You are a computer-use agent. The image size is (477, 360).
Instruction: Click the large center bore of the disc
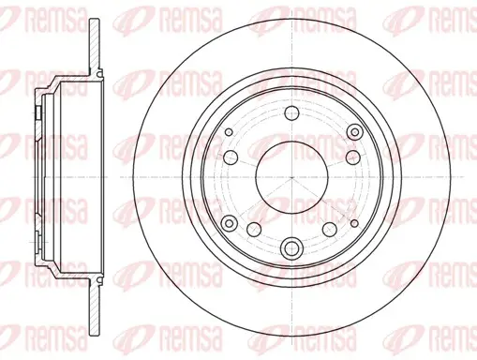(x=291, y=177)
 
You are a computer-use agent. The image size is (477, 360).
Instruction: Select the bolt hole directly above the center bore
(x=292, y=112)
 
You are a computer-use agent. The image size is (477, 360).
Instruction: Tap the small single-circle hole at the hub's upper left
(x=229, y=131)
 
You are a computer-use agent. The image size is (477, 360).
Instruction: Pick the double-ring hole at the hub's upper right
(x=355, y=131)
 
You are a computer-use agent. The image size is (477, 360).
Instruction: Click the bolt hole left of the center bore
(x=231, y=157)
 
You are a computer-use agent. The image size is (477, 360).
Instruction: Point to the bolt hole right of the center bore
(x=353, y=157)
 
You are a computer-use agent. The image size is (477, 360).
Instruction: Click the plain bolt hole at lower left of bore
(x=254, y=230)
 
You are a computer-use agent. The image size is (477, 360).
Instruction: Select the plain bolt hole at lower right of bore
(x=330, y=230)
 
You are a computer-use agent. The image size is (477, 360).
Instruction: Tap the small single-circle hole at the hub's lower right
(x=354, y=223)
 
